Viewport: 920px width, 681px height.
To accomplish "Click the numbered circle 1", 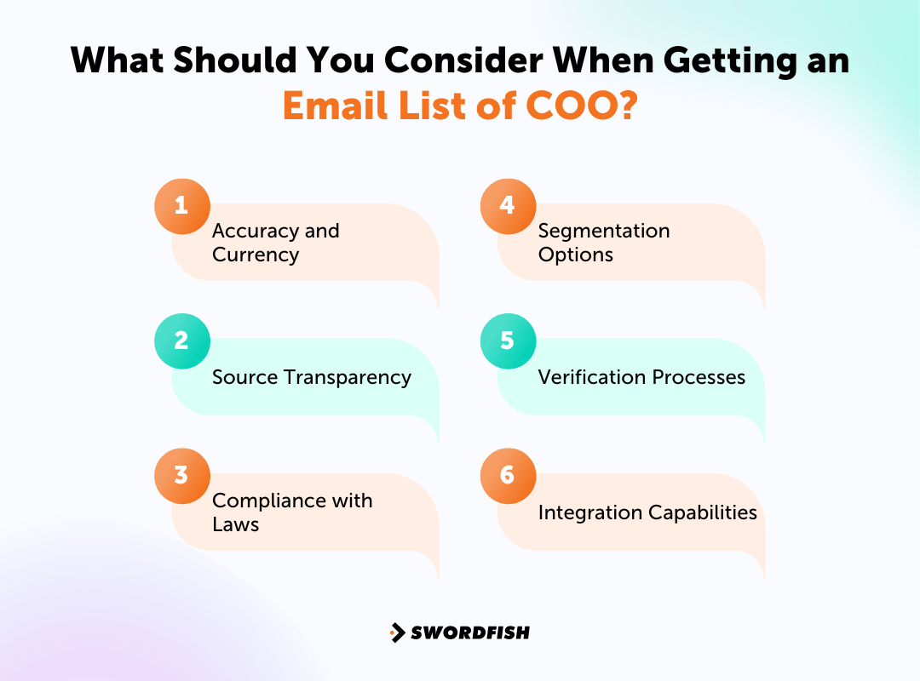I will [x=181, y=206].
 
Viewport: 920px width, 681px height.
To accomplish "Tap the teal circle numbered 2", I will [x=181, y=340].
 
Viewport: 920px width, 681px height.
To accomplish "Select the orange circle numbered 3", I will [x=181, y=475].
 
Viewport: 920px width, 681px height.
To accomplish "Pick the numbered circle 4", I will [x=508, y=206].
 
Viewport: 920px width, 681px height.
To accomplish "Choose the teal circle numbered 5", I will [x=508, y=340].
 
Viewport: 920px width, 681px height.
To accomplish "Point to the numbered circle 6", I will [x=508, y=475].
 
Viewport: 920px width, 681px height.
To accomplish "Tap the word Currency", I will [x=256, y=255].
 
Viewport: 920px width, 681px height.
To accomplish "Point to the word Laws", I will [x=235, y=524].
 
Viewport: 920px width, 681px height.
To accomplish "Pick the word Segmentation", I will [x=604, y=231].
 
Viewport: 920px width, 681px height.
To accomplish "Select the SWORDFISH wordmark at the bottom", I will [x=470, y=632].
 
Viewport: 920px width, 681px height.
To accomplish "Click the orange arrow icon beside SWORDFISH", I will [x=397, y=632].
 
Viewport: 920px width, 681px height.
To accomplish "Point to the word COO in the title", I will [x=584, y=106].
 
